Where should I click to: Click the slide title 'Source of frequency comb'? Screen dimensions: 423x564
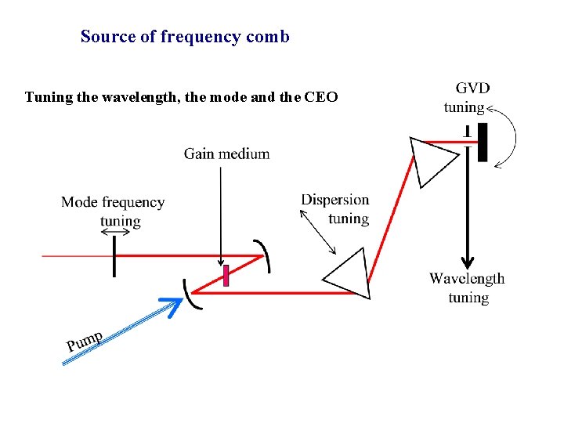185,37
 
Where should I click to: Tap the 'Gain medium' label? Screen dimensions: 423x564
226,154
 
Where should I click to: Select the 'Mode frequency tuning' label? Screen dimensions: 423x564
113,211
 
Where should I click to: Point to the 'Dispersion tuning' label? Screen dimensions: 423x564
335,208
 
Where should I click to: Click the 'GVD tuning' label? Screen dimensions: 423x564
467,98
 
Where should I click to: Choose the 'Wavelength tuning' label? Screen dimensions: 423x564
467,287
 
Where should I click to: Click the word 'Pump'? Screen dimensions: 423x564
85,342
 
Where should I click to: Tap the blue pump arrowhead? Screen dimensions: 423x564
171,305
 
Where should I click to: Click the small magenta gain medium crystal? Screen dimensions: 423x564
226,276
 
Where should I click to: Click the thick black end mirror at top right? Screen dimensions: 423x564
483,142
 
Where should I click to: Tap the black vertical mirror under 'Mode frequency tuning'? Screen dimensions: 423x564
114,255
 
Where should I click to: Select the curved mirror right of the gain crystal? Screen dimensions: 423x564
266,255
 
